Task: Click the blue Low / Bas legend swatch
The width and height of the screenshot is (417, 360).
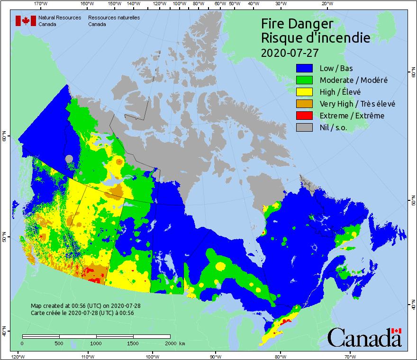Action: pyautogui.click(x=304, y=68)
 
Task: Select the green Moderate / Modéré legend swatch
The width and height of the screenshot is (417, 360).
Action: pyautogui.click(x=304, y=80)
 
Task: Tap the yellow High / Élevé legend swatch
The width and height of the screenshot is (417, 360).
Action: pyautogui.click(x=304, y=92)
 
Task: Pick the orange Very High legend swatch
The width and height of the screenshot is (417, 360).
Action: pyautogui.click(x=304, y=104)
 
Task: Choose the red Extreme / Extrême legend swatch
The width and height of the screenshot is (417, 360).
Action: pyautogui.click(x=304, y=116)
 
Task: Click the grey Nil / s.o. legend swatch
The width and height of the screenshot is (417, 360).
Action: pyautogui.click(x=304, y=127)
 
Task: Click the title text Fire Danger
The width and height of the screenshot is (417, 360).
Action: pyautogui.click(x=297, y=24)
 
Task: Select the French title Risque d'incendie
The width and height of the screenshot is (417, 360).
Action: pyautogui.click(x=315, y=38)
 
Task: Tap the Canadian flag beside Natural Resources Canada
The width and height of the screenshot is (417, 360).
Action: pyautogui.click(x=26, y=21)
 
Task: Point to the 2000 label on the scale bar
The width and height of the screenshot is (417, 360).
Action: pyautogui.click(x=170, y=343)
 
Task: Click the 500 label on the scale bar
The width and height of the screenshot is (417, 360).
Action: pyautogui.click(x=59, y=343)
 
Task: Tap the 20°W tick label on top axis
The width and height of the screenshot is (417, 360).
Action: pyautogui.click(x=326, y=4)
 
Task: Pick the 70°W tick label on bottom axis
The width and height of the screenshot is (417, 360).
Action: pyautogui.click(x=350, y=356)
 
